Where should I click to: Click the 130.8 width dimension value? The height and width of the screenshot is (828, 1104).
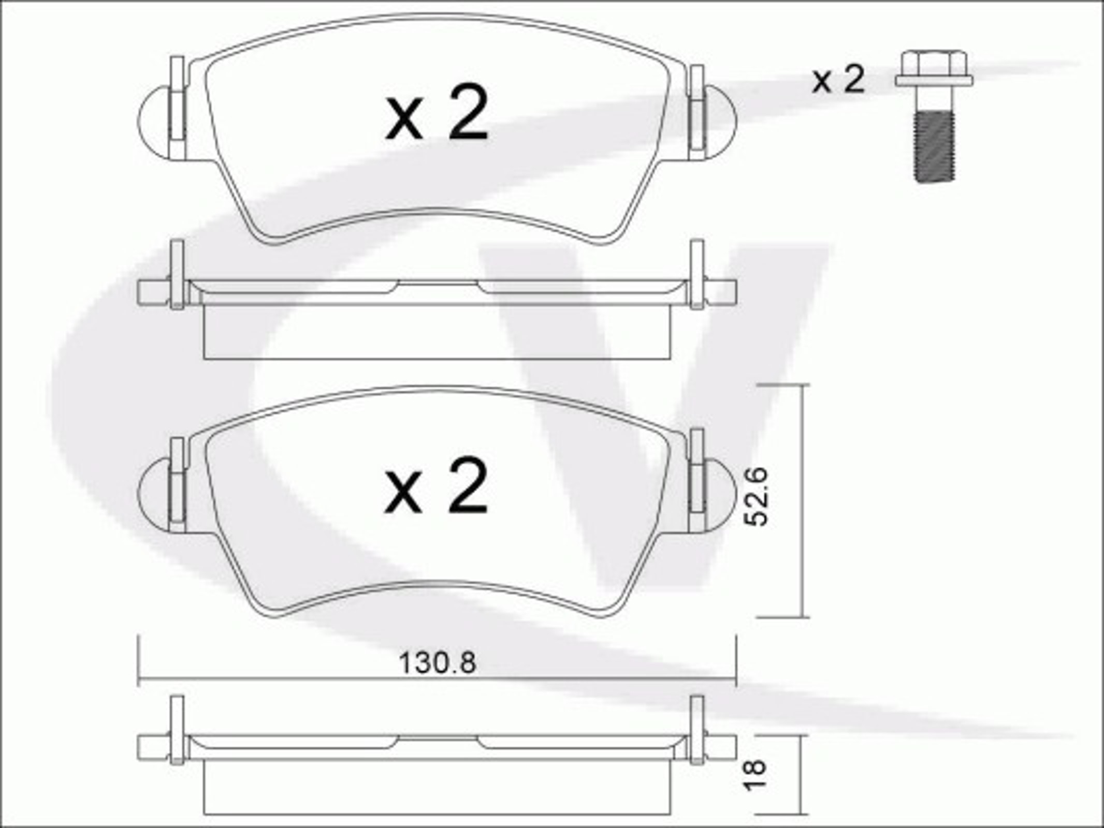tap(438, 663)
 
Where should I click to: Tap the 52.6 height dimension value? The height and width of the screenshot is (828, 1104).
tap(755, 497)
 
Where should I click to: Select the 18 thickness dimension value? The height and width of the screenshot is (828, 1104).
tap(754, 775)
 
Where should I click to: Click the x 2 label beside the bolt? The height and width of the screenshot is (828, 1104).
tap(838, 79)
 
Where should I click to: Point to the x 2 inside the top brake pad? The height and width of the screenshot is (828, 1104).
tap(437, 112)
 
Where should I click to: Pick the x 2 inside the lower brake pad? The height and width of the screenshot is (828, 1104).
tap(436, 485)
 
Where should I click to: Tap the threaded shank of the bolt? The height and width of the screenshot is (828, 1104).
tap(934, 148)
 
